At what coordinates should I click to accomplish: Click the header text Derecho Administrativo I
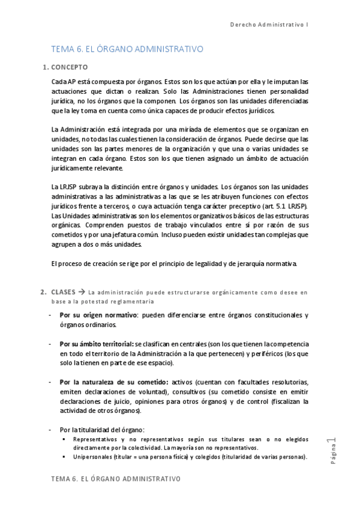coord(278,25)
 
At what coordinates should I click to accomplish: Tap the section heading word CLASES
coord(64,292)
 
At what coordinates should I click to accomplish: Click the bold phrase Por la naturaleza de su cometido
coord(114,382)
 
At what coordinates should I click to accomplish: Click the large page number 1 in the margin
coord(331,443)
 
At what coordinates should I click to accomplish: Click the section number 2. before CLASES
coord(43,292)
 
